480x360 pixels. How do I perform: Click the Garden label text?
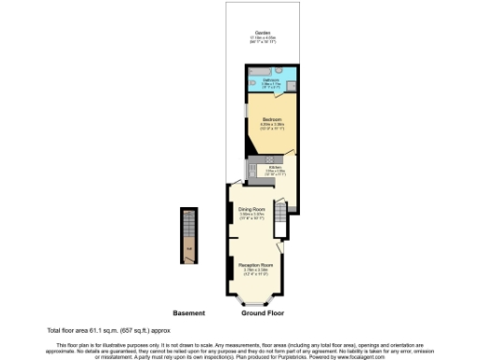pyautogui.click(x=255, y=33)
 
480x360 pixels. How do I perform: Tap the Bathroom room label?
pyautogui.click(x=272, y=80)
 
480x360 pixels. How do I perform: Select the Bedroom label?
pyautogui.click(x=272, y=120)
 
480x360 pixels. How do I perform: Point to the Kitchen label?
pyautogui.click(x=276, y=167)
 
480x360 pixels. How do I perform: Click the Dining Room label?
pyautogui.click(x=251, y=209)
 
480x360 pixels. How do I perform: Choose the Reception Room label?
pyautogui.click(x=255, y=266)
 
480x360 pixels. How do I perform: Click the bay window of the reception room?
pyautogui.click(x=254, y=301)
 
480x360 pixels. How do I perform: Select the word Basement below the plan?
pyautogui.click(x=189, y=312)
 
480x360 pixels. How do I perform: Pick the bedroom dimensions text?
pyautogui.click(x=272, y=126)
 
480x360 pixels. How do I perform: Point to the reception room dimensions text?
pyautogui.click(x=255, y=273)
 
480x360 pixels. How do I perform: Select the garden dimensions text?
pyautogui.click(x=255, y=40)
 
